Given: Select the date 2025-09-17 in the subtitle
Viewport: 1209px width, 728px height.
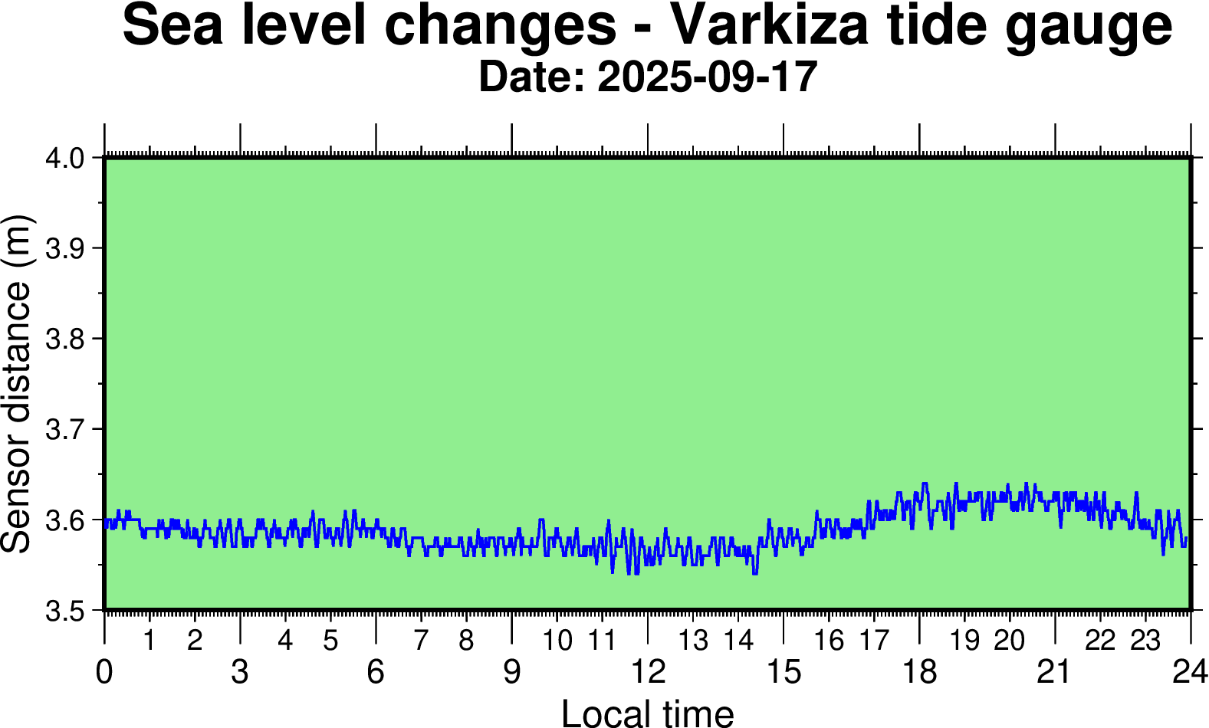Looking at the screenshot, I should point(707,77).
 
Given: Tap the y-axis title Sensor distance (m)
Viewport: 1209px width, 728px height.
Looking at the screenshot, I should point(17,383).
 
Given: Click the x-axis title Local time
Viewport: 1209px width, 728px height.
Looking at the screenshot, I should point(648,713).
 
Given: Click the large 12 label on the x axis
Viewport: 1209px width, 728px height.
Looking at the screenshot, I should point(648,672).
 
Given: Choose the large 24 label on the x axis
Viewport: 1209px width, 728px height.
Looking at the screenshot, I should point(1190,672).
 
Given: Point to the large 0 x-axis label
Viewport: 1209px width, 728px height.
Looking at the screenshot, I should point(104,672).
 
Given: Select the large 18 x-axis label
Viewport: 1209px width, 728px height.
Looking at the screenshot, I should point(919,672).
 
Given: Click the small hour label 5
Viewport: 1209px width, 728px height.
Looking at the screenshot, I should point(330,641).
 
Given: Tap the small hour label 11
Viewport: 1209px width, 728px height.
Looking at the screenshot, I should point(602,641).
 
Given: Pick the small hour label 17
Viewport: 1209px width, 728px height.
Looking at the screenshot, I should point(873,641).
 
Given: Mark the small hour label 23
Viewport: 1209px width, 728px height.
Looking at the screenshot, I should point(1145,641).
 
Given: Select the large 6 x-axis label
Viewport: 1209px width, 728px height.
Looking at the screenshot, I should point(376,672).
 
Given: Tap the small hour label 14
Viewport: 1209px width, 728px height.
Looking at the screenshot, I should point(739,641).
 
